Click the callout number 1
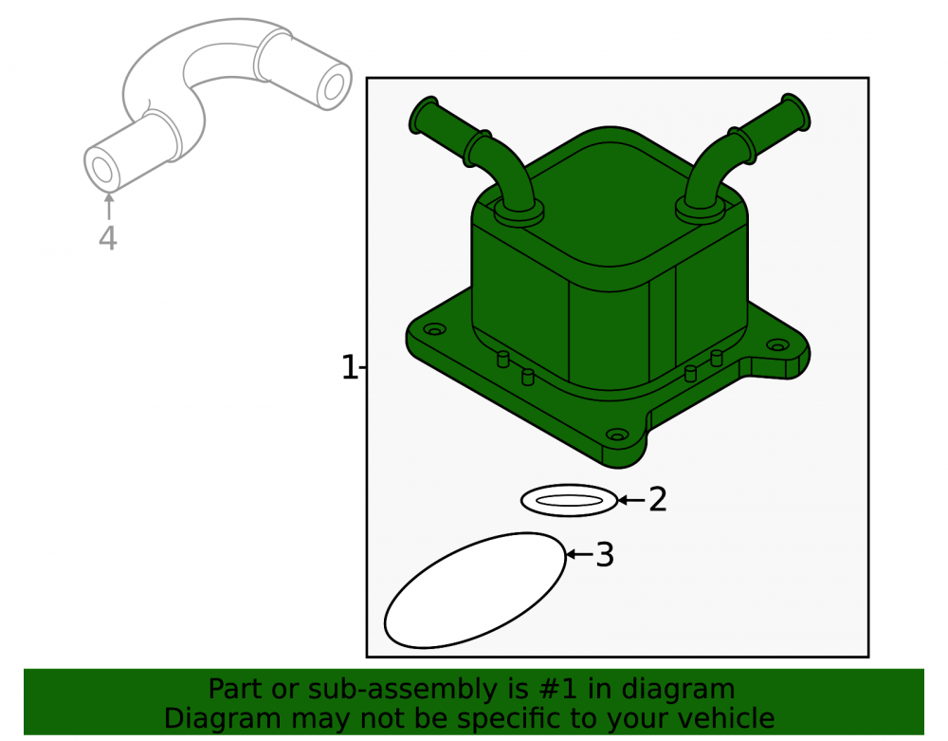tap(350, 367)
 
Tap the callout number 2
tap(658, 500)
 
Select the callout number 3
tap(605, 555)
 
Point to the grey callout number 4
tap(108, 238)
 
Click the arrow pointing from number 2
tap(631, 500)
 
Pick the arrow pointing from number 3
tap(578, 554)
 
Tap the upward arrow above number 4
tap(109, 206)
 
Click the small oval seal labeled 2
tap(569, 500)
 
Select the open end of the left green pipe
tap(424, 115)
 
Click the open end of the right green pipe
tap(796, 112)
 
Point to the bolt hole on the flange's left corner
tap(434, 329)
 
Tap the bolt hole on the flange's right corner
tap(777, 345)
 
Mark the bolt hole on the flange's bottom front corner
tap(617, 435)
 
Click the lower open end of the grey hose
tap(102, 170)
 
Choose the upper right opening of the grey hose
tap(333, 86)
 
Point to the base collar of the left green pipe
tap(519, 212)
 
